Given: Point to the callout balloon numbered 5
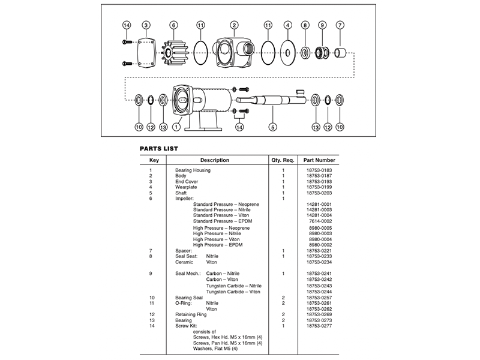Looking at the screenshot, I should coord(273,127).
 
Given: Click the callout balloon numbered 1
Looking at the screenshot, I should coord(176,127).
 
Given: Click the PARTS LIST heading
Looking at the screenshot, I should coord(158,148).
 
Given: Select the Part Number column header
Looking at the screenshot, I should coord(319,160).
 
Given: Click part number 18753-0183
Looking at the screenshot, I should coord(319,171).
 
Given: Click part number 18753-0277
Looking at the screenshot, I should coord(319,326).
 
